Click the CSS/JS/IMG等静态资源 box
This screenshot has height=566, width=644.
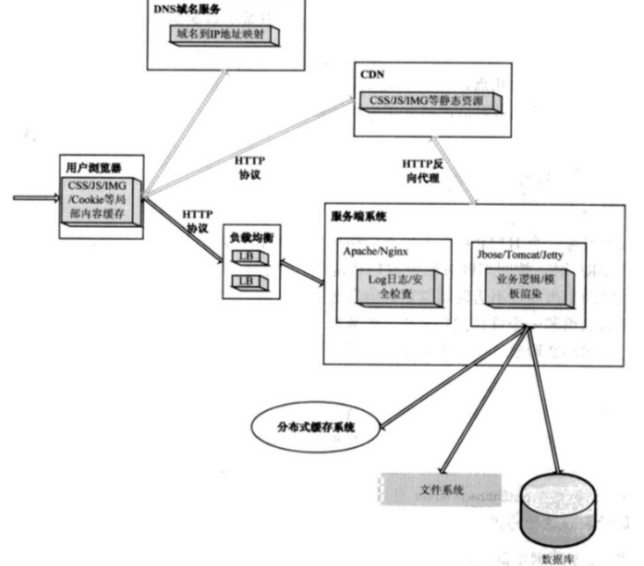428,101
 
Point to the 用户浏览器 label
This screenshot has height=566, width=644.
93,166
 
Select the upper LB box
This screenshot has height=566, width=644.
247,256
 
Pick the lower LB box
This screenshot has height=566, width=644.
247,282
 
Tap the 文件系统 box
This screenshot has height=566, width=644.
441,489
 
